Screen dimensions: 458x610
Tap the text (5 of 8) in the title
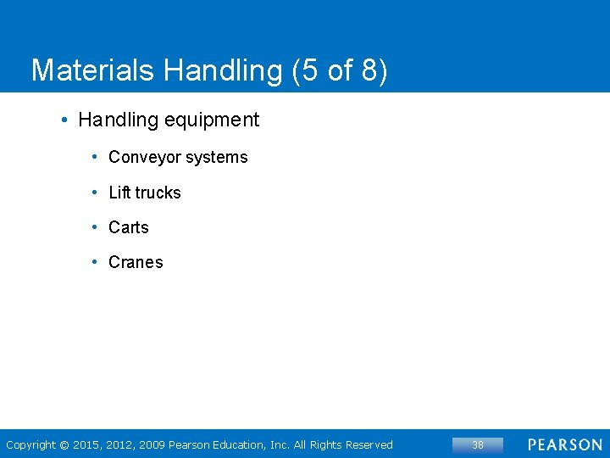[339, 70]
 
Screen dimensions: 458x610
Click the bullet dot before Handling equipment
[64, 120]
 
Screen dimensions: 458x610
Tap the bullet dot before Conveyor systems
[97, 157]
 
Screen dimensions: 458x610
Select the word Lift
[119, 193]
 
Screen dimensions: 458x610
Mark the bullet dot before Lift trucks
[97, 193]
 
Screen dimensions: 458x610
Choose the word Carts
[129, 227]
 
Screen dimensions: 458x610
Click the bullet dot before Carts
[97, 227]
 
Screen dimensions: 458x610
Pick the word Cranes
[136, 262]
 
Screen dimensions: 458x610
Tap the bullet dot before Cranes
[97, 262]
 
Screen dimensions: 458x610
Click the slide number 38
[478, 444]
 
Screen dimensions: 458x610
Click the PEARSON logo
[565, 444]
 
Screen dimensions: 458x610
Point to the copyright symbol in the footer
[64, 445]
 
